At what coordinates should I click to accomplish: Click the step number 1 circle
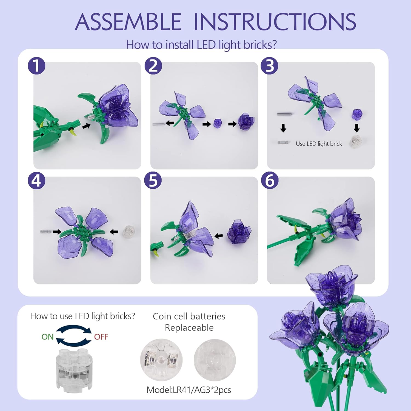click(x=36, y=66)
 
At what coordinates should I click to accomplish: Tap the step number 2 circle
click(x=153, y=66)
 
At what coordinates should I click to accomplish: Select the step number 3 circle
click(x=270, y=66)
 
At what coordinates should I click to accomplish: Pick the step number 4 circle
click(x=36, y=181)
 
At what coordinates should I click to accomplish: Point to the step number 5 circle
click(x=153, y=181)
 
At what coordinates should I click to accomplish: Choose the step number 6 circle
click(x=270, y=181)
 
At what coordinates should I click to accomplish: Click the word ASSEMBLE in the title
click(x=128, y=22)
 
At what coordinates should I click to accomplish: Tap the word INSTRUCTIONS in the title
click(x=275, y=22)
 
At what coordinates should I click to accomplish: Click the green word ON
click(x=47, y=337)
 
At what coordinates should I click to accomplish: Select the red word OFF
click(x=101, y=337)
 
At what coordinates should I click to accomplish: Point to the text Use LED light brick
click(x=319, y=144)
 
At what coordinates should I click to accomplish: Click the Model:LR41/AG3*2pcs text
click(x=189, y=390)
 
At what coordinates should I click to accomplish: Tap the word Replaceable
click(x=189, y=327)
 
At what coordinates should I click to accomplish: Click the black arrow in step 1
click(x=87, y=126)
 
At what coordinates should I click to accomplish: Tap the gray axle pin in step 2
click(x=159, y=124)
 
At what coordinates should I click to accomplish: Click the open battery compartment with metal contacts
click(x=161, y=360)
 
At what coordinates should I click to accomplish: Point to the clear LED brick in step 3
click(x=356, y=141)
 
